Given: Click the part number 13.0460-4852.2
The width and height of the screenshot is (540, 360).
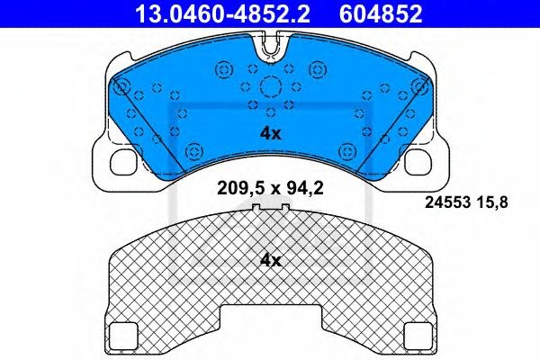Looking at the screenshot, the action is coord(222,13).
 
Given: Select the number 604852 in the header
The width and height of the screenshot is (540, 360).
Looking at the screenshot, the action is coord(381,13).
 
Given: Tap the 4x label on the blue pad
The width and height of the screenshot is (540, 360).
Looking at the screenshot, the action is coord(270,133).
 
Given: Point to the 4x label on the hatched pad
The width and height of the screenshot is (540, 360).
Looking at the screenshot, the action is coord(270,261).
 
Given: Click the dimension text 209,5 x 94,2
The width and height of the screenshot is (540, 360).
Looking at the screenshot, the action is coord(270,188).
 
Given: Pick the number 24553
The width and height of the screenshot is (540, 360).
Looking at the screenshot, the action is coord(447,202).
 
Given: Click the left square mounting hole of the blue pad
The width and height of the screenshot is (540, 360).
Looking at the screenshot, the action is coord(123,162).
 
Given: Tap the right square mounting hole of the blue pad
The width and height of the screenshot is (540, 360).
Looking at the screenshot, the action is coord(418,162).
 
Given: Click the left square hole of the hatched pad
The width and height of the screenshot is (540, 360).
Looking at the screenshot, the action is coord(123,335).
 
